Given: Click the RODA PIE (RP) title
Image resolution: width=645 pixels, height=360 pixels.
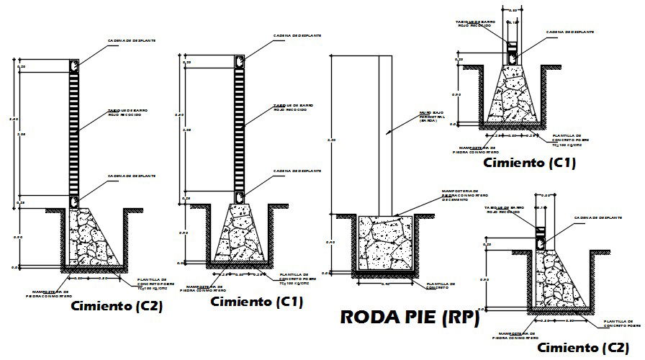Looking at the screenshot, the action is coord(408,318).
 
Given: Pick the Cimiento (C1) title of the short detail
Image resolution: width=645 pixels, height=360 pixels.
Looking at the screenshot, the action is coord(529,163).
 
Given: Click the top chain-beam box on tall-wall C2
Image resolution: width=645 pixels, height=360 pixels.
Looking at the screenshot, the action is coord(73,66).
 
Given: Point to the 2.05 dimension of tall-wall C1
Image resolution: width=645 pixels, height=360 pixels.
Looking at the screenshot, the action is coord(186,130).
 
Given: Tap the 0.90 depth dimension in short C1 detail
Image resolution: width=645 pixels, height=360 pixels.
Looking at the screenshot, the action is coord(455,94).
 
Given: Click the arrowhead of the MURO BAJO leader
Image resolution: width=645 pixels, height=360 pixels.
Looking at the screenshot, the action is coord(387,133).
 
